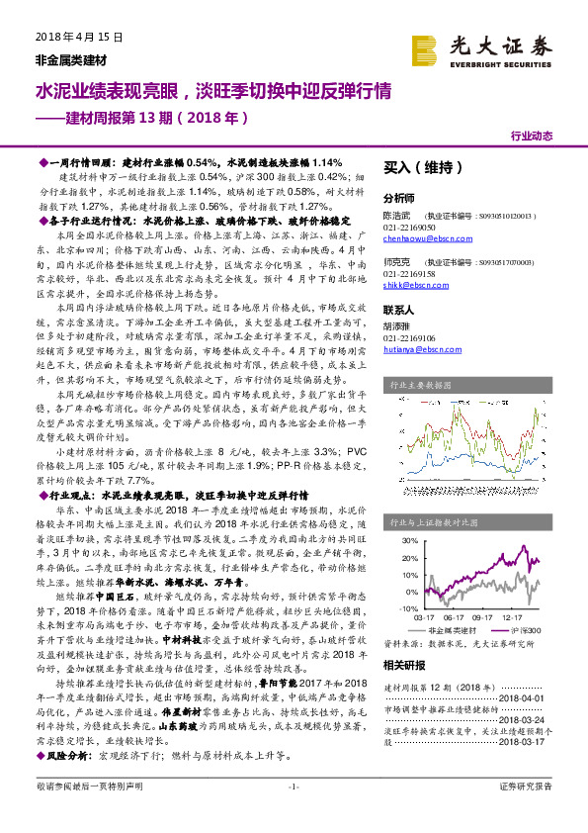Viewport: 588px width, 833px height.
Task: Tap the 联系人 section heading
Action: [400, 310]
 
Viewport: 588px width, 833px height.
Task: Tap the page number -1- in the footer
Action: [293, 813]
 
